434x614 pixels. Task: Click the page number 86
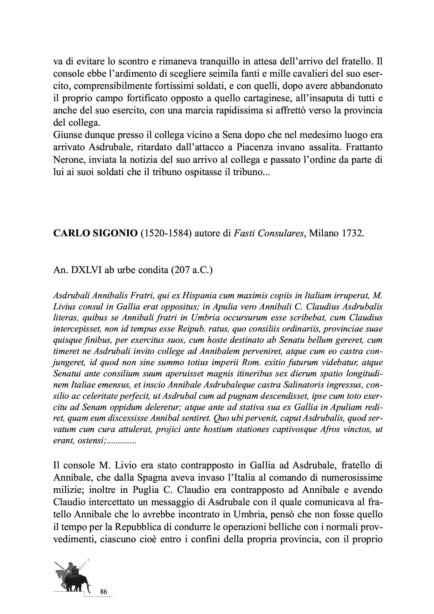[103, 592]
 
